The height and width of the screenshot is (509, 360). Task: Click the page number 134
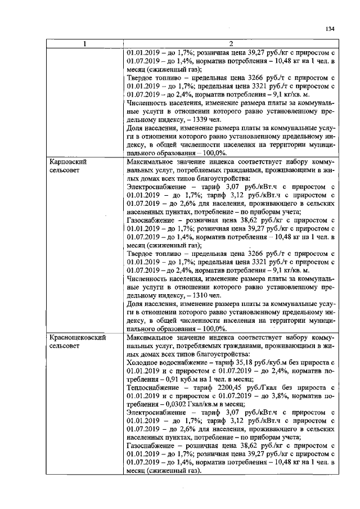click(330, 29)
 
